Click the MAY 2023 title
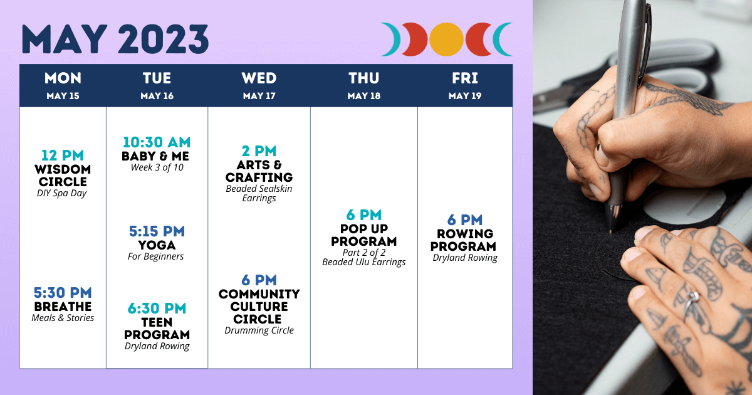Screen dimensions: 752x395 pos(115,39)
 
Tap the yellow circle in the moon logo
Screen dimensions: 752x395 pos(446,39)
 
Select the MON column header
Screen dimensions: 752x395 pos(63,78)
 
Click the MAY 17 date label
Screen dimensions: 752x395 pos(259,96)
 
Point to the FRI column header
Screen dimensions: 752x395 pos(464,78)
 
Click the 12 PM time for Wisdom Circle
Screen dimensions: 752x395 pos(63,155)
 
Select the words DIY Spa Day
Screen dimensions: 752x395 pos(62,193)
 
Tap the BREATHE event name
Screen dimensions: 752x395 pos(63,307)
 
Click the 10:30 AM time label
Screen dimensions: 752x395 pos(157,142)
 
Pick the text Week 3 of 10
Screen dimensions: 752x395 pos(157,167)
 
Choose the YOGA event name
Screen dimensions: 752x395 pos(157,245)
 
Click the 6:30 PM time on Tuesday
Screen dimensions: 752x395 pos(157,308)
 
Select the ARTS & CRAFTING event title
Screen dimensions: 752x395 pos(259,171)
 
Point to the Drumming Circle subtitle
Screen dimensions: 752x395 pos(259,330)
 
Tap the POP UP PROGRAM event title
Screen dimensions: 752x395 pos(364,235)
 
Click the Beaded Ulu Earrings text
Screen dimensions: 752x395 pos(364,262)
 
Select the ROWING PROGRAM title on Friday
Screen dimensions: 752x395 pos(463,240)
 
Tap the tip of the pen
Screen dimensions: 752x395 pos(610,231)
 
